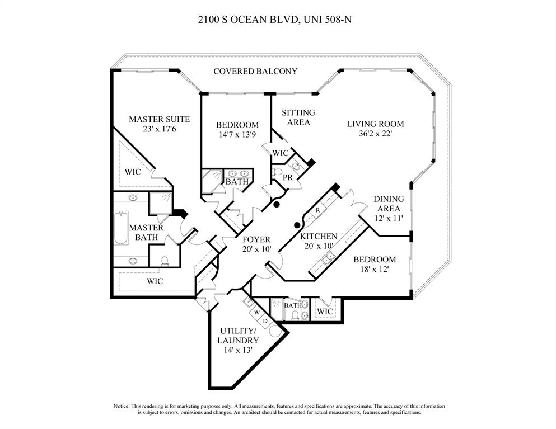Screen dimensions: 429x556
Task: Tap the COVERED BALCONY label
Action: [255, 72]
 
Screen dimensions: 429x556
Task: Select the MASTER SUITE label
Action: [159, 119]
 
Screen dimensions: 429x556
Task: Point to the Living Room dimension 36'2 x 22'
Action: [375, 134]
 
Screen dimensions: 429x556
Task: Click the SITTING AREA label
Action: [298, 117]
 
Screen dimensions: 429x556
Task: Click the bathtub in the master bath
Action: [121, 228]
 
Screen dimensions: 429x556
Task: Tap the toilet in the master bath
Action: [165, 260]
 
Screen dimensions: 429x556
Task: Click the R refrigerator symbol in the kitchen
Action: [317, 210]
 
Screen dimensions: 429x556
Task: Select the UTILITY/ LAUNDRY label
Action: [239, 335]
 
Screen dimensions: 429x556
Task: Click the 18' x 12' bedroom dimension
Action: [374, 269]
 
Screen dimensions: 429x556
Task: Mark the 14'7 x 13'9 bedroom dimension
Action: [237, 134]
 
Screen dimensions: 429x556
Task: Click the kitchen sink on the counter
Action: [330, 257]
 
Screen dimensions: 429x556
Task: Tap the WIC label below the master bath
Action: [155, 281]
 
